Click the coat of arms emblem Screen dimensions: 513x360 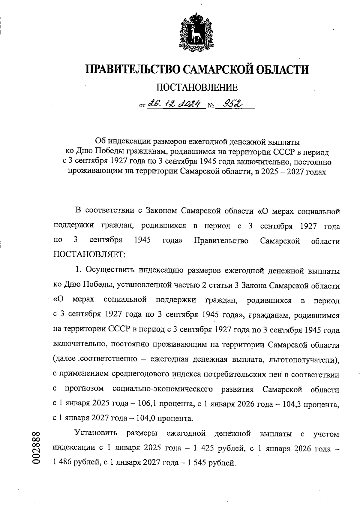coord(196,32)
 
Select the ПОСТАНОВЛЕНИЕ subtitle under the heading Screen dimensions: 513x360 coord(197,88)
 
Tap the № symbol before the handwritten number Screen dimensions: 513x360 coord(211,106)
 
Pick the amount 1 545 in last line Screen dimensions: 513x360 coord(197,463)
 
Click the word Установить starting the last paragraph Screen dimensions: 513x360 coord(97,434)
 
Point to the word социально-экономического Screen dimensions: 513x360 coord(163,389)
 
